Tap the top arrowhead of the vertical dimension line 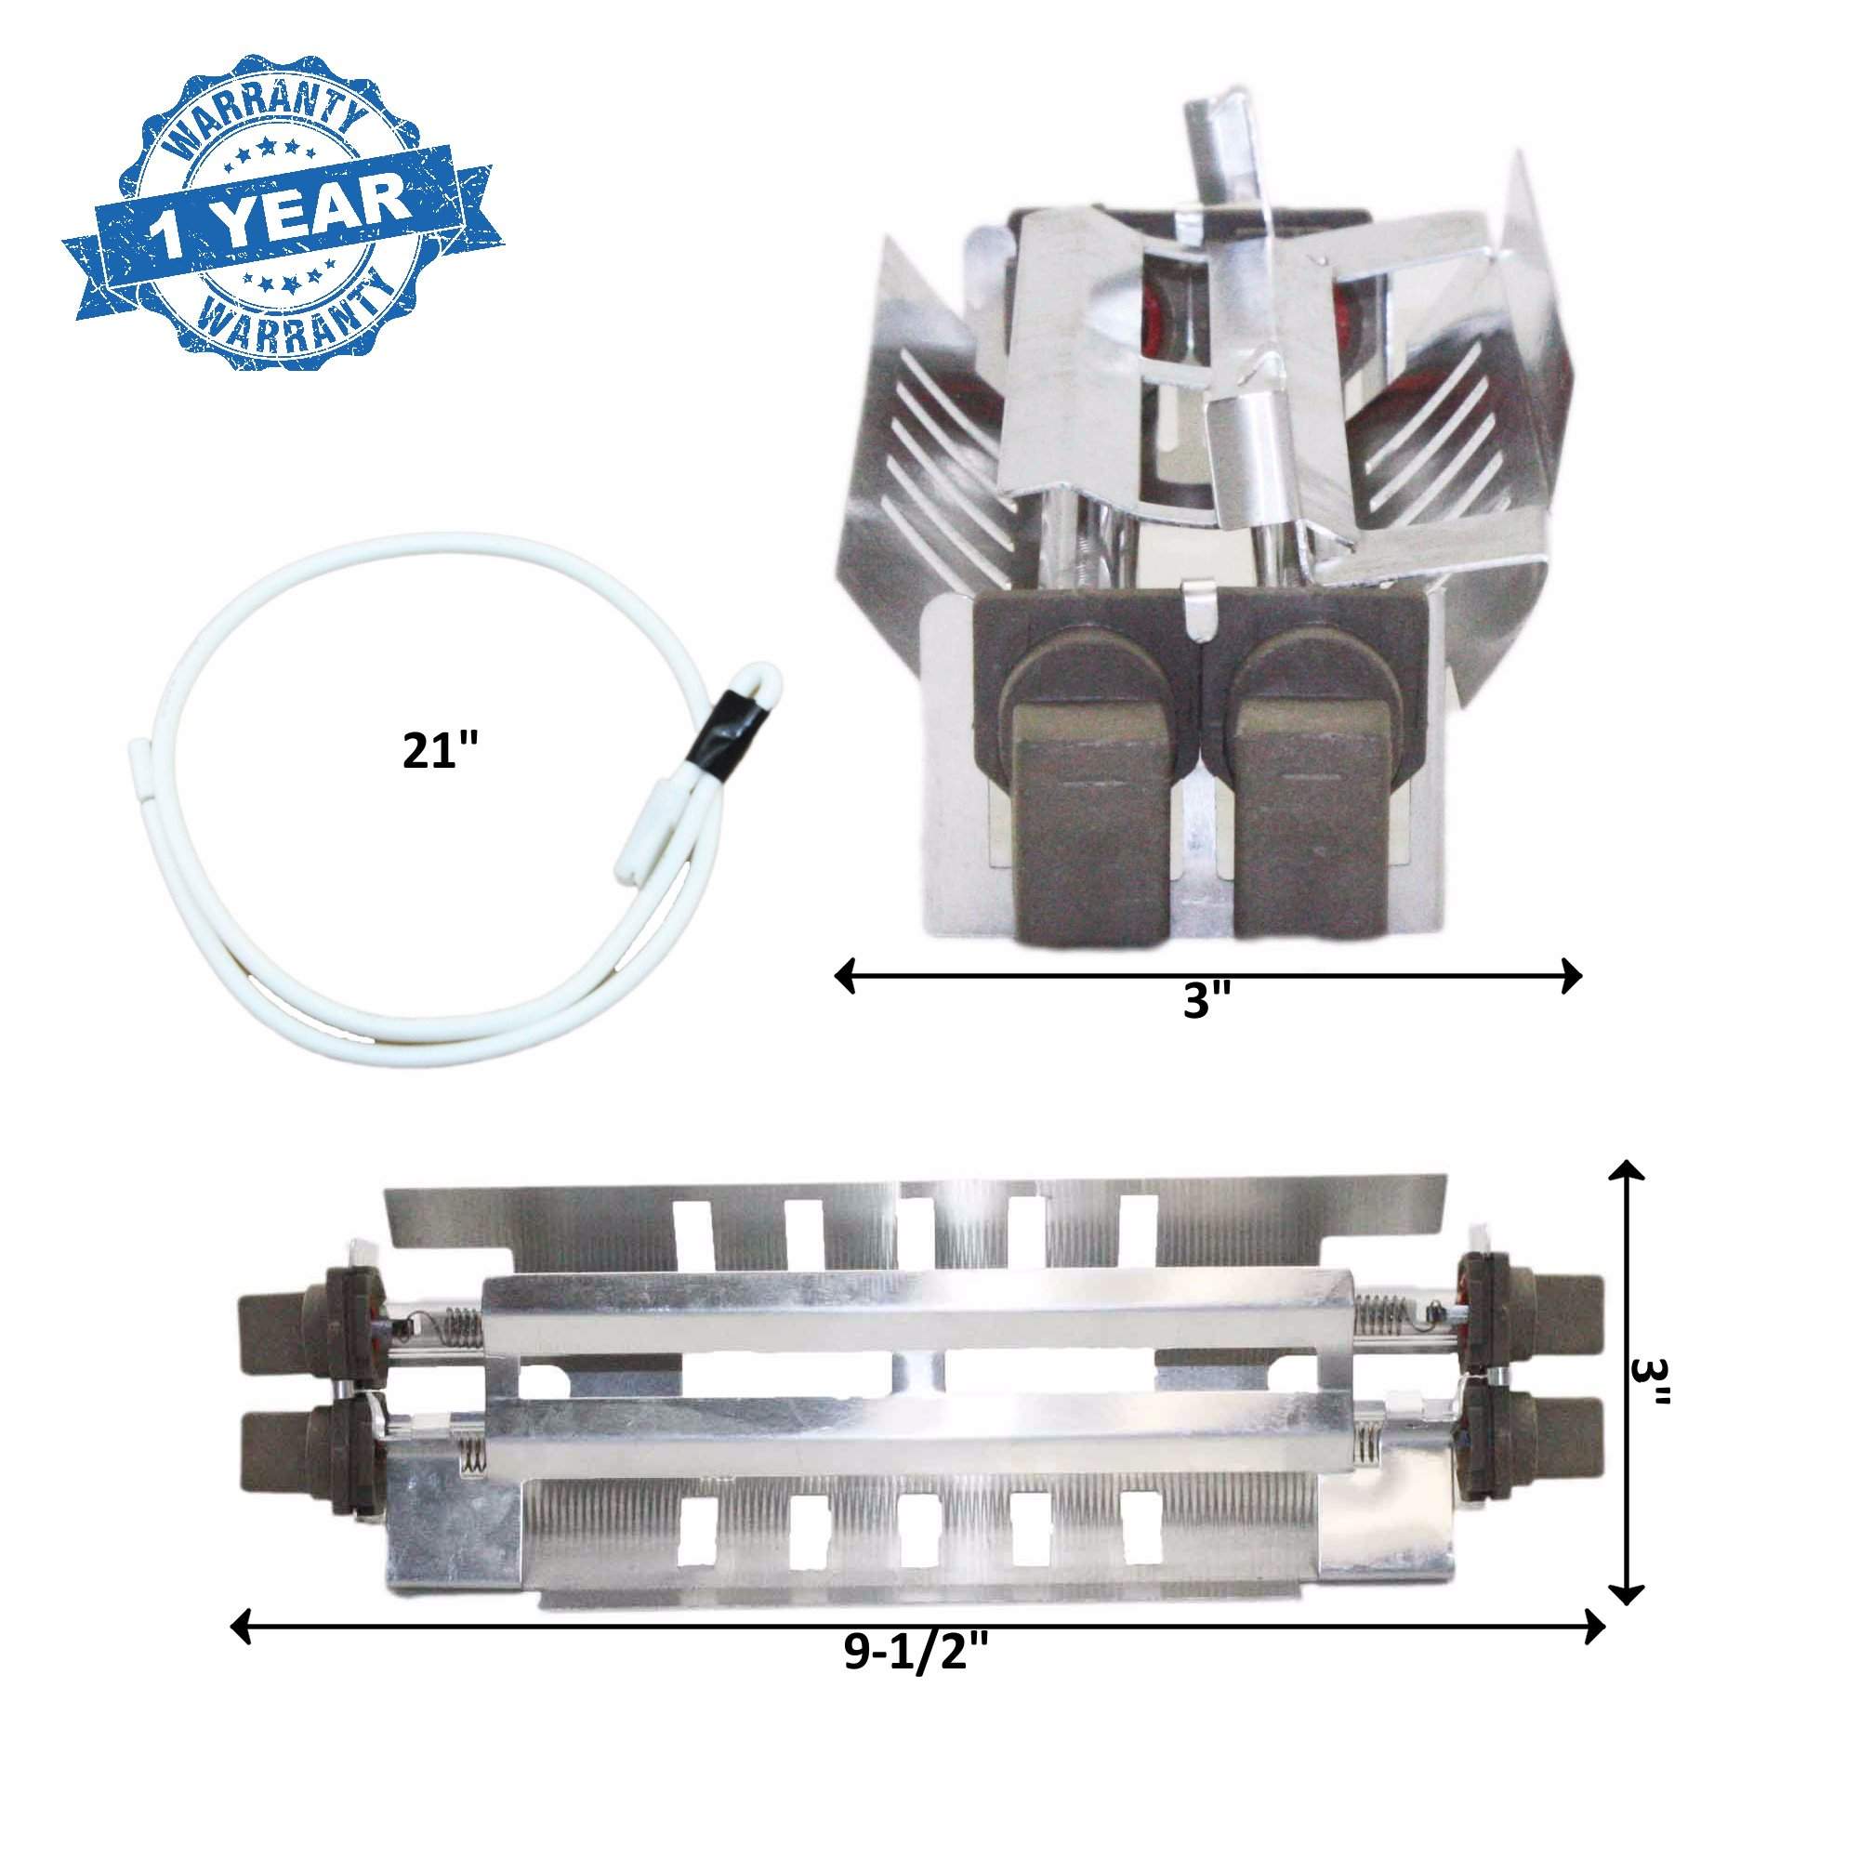click(x=1626, y=1176)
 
